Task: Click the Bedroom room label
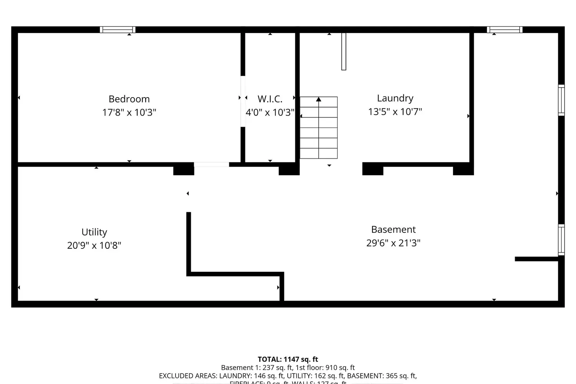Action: (x=129, y=99)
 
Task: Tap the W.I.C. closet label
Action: (x=270, y=99)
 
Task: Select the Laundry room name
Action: (x=395, y=98)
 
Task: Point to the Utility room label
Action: (x=94, y=232)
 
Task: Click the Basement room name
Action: (x=393, y=230)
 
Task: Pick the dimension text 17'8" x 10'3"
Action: (x=129, y=113)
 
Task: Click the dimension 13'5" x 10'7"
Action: (x=395, y=112)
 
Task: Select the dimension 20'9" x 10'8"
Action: (x=94, y=245)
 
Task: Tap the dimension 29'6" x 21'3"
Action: (x=393, y=243)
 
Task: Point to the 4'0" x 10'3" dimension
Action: (x=270, y=113)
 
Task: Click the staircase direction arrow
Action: (x=319, y=100)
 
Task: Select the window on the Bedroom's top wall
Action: (x=118, y=30)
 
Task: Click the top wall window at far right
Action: (x=505, y=30)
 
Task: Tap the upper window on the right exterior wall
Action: (x=561, y=100)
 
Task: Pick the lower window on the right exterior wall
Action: (x=561, y=240)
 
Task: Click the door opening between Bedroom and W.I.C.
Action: (x=243, y=101)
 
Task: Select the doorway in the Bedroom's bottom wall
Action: (x=211, y=164)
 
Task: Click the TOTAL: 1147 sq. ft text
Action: (x=288, y=359)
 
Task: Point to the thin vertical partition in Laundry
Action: (x=344, y=51)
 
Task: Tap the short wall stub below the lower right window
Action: (x=536, y=259)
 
